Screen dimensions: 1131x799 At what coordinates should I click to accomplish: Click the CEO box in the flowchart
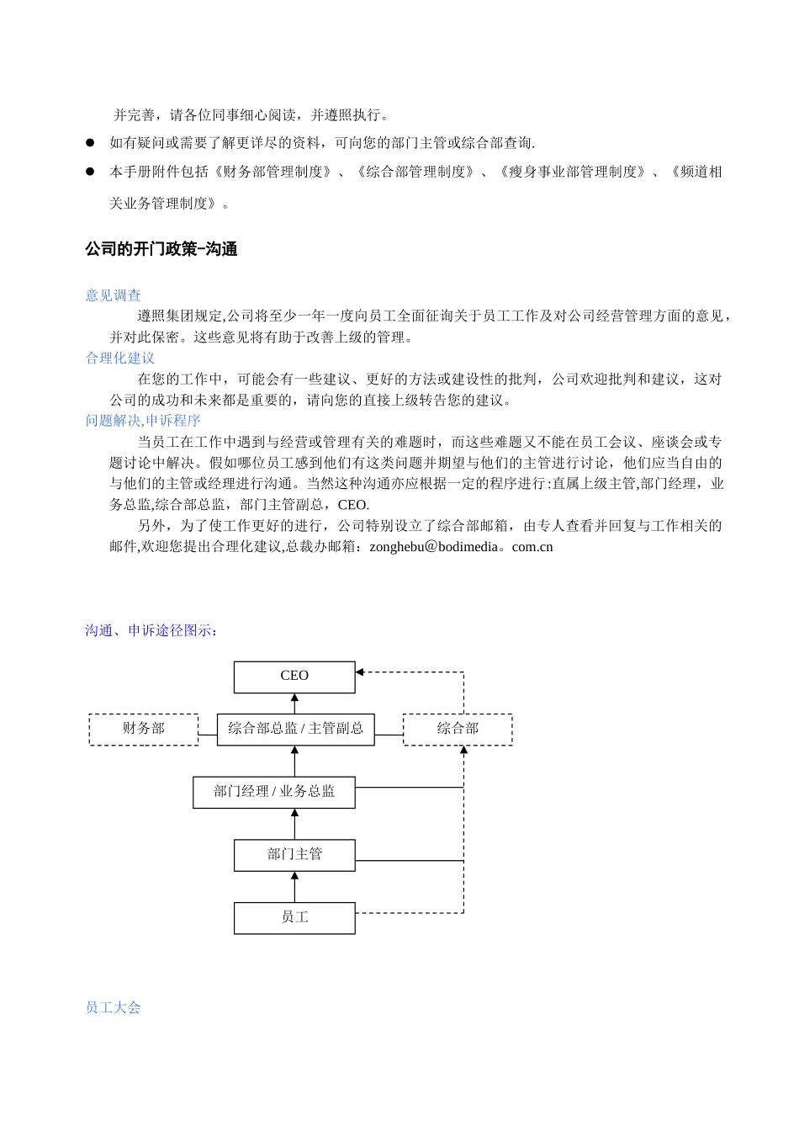[x=294, y=677]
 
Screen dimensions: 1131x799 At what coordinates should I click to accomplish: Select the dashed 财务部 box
[x=144, y=729]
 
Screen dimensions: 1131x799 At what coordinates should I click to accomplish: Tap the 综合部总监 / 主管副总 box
[x=295, y=729]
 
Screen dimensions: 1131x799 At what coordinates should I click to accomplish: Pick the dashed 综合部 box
[x=458, y=729]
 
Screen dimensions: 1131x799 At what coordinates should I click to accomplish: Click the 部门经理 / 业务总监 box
[x=274, y=792]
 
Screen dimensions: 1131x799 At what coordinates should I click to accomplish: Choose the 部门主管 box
[x=294, y=855]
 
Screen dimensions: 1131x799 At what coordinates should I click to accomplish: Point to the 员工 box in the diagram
[x=294, y=918]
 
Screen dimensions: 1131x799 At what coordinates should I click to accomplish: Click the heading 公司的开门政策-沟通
[x=161, y=250]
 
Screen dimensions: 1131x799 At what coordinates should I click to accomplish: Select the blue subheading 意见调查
[x=114, y=295]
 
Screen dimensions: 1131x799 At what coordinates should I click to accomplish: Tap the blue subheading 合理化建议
[x=120, y=358]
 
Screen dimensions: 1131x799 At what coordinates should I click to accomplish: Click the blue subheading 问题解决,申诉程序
[x=143, y=421]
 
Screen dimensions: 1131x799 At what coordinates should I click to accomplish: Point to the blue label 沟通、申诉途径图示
[x=151, y=631]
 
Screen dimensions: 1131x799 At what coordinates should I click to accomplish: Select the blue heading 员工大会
[x=114, y=1008]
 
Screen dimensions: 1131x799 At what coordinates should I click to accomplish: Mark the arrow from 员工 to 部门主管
[x=294, y=887]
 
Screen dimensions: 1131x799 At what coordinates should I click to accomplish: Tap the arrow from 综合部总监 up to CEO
[x=294, y=704]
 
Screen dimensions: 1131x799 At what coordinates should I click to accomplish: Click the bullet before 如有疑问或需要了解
[x=90, y=143]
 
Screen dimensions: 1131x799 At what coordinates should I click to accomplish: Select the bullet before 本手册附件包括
[x=90, y=172]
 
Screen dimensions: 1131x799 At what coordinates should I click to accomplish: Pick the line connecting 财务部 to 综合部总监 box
[x=208, y=735]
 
